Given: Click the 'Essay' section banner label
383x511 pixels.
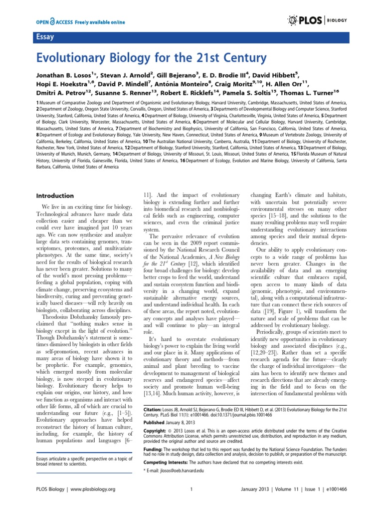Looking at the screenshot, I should pyautogui.click(x=43, y=36).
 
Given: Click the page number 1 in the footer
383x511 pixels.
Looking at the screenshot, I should pyautogui.click(x=191, y=503).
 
